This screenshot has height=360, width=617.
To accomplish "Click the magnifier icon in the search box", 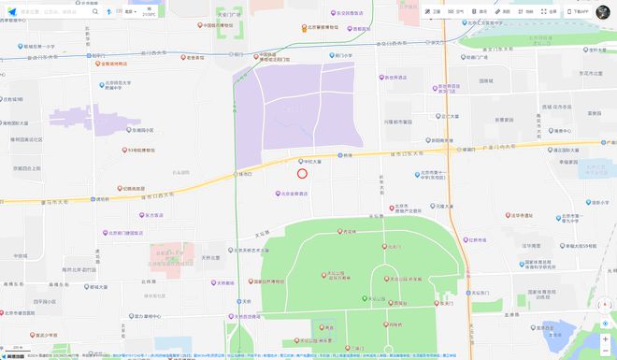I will click(x=94, y=12).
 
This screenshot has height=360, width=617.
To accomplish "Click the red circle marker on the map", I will click(x=302, y=172).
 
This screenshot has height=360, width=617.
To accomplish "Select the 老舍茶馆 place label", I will click(x=194, y=58).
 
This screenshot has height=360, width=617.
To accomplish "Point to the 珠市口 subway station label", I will click(x=245, y=174).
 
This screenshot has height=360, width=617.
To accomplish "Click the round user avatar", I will click(x=603, y=12).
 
